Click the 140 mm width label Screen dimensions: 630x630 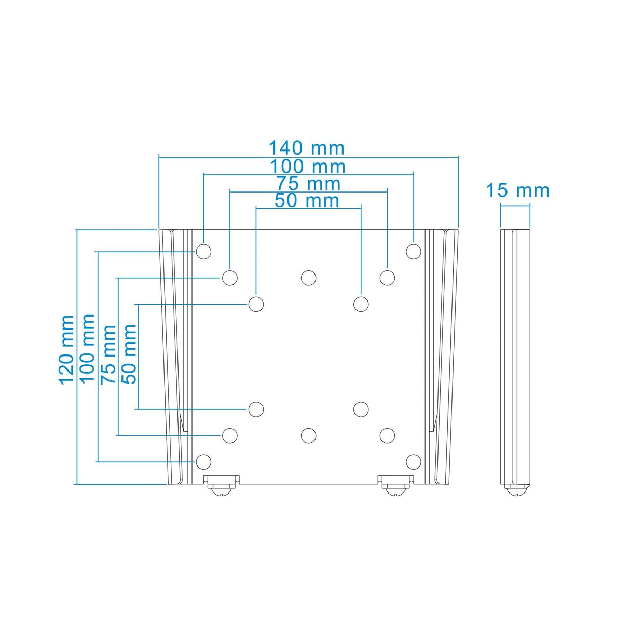coord(306,148)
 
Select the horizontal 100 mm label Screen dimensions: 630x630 coord(307,167)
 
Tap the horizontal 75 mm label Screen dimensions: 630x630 coord(308,184)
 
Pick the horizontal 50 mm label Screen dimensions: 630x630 coord(307,200)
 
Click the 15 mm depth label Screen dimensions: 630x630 coord(517,190)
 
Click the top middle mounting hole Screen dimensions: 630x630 coord(308,278)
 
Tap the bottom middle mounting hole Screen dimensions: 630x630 coord(308,435)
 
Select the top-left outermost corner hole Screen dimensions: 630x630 coord(203,252)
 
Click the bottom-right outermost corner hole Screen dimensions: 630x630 coord(413,461)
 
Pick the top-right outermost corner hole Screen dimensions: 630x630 coord(413,252)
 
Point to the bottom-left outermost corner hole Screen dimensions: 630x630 coord(203,461)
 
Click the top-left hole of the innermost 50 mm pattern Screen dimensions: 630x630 coord(256,304)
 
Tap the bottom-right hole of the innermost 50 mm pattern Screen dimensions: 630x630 coord(361,409)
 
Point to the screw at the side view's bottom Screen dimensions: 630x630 coord(516,490)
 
